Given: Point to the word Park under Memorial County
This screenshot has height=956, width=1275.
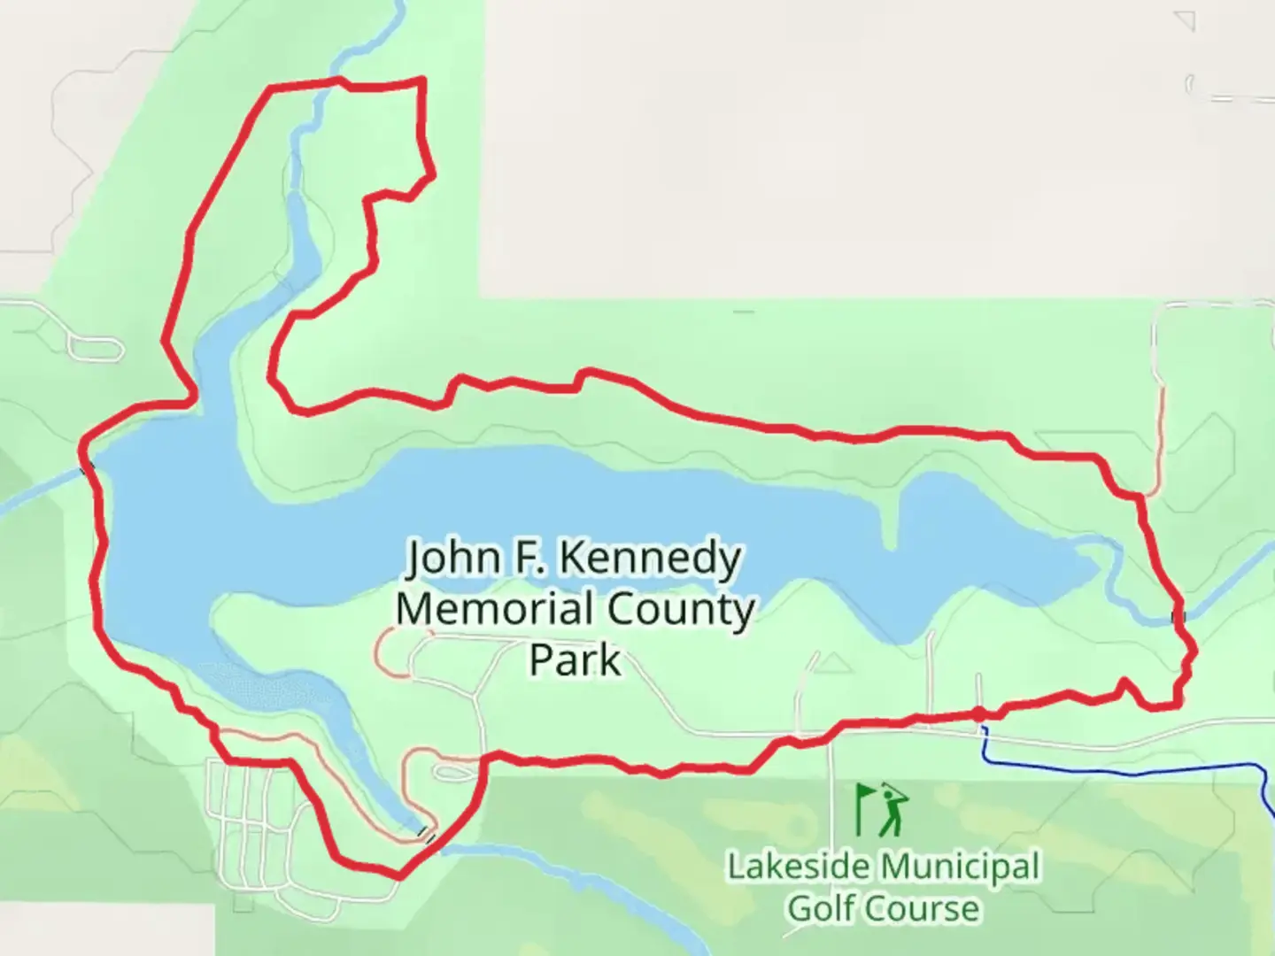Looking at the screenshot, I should pos(575,660).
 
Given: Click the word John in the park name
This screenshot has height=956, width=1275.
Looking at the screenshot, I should pos(448,559).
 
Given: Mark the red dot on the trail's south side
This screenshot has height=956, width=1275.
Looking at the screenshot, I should pos(978,713).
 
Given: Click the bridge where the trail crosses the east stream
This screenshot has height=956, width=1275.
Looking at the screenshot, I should pos(1177,616).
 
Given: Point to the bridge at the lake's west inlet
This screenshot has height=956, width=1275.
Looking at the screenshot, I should pos(87,467).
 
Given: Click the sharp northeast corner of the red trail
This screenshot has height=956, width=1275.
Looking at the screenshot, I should pos(422,81).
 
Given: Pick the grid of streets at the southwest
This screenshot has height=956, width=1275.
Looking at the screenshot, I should pos(252,819).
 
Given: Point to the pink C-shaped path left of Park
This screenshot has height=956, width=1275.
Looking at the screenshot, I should pos(388,652).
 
